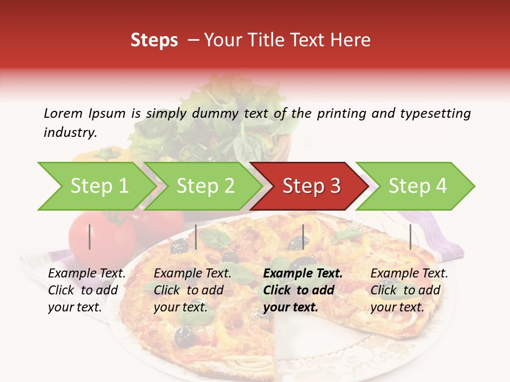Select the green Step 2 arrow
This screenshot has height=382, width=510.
pos(205,186)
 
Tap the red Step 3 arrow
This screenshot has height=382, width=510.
pos(311,186)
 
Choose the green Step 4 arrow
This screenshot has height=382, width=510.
pos(417,186)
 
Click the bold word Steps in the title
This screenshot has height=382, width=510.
pos(154,40)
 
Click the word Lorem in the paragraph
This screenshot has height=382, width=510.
pos(63,113)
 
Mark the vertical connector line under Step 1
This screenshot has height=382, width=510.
pos(90,237)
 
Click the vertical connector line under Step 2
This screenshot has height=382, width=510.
pos(196,237)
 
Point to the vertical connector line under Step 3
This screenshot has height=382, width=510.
pos(303,237)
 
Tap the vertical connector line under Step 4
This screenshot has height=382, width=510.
pos(410,237)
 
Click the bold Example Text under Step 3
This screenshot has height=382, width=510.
pos(303,274)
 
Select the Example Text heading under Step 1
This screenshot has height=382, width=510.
pos(87,274)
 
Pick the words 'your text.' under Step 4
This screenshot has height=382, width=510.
pos(397,307)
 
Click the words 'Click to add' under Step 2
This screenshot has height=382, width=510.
pos(189,290)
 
